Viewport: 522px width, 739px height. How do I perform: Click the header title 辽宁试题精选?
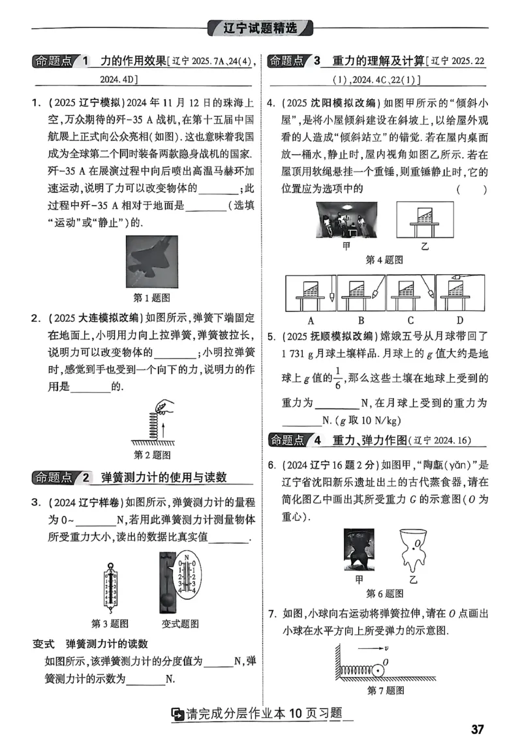[x=260, y=28]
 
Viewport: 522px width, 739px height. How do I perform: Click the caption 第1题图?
[x=151, y=298]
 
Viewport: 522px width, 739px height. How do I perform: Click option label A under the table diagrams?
[x=311, y=320]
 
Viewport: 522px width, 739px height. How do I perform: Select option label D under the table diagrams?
[x=460, y=320]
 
